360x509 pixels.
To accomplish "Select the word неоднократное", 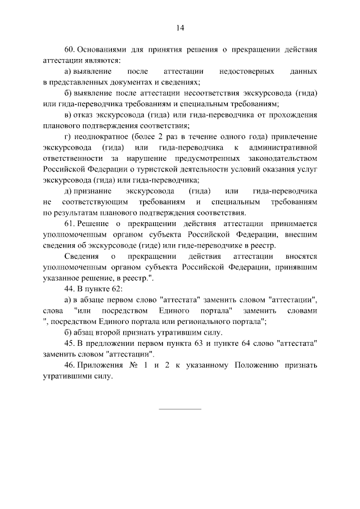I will tap(103, 137).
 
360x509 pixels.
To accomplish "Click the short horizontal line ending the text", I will tap(180, 408).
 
